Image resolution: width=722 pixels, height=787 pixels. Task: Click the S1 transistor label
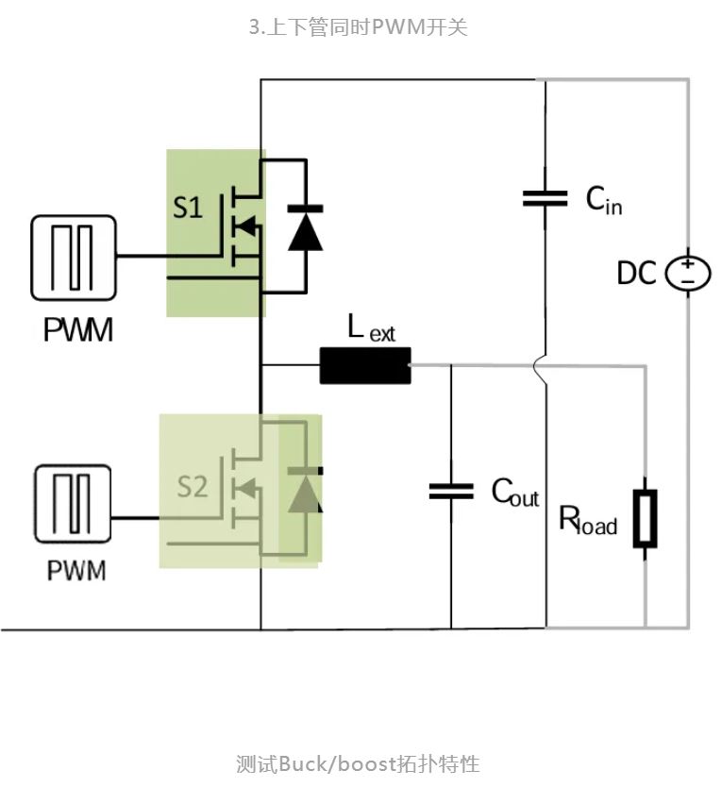coord(188,208)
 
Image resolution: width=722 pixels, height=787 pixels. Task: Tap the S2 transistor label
coord(193,487)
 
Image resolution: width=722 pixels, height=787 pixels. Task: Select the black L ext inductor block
coord(365,365)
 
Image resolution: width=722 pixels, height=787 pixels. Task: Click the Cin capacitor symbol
coord(546,198)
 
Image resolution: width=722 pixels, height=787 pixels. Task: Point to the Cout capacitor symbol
coord(451,491)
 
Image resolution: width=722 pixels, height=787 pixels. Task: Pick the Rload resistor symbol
coord(646,518)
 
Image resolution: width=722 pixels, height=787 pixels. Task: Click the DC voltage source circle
coord(688,273)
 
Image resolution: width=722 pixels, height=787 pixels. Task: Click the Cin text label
coord(604,200)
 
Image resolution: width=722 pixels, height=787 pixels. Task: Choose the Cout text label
coord(514,492)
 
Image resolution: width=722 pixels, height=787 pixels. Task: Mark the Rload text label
coord(587,520)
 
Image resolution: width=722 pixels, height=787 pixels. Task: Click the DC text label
coord(636,274)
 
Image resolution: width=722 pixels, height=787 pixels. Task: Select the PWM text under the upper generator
coord(77,330)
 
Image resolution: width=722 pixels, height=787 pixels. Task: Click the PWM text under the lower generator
coord(76,571)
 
